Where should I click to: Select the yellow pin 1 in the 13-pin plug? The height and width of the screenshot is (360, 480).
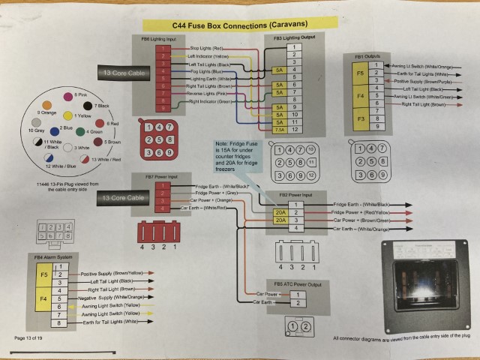tap(67, 116)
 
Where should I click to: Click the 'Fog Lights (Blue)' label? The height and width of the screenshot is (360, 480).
tap(205, 71)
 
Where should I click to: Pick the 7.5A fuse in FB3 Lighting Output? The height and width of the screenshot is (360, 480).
tap(279, 128)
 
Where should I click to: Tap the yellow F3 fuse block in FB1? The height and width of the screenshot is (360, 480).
tap(360, 119)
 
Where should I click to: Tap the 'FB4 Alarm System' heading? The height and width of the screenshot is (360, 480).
tap(53, 256)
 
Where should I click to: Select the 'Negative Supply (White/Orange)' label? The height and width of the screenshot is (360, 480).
tap(113, 298)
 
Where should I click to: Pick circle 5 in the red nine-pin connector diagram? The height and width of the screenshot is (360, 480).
tap(160, 139)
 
